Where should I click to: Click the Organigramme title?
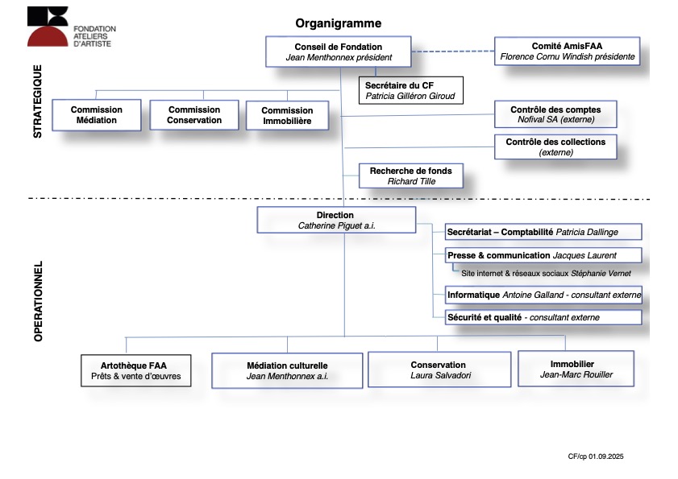click(338, 23)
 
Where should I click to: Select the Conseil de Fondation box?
click(338, 52)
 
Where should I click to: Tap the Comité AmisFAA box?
click(567, 51)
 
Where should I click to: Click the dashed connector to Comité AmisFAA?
click(453, 52)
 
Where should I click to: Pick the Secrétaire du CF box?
click(411, 90)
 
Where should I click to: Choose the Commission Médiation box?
click(97, 115)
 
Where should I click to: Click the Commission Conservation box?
click(194, 115)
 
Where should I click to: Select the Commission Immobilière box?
click(287, 115)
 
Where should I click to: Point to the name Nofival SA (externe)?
click(555, 120)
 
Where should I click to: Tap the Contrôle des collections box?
click(555, 147)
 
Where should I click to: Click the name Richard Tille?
click(411, 181)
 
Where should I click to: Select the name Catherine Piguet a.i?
click(336, 225)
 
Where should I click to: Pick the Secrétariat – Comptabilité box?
click(543, 232)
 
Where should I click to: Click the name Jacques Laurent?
click(584, 255)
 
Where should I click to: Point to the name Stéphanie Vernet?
click(601, 274)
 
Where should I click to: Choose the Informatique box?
click(543, 295)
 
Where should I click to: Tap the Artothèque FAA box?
click(135, 370)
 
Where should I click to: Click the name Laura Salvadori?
click(441, 375)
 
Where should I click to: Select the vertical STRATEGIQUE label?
click(38, 101)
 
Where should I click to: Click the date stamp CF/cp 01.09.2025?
click(596, 456)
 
